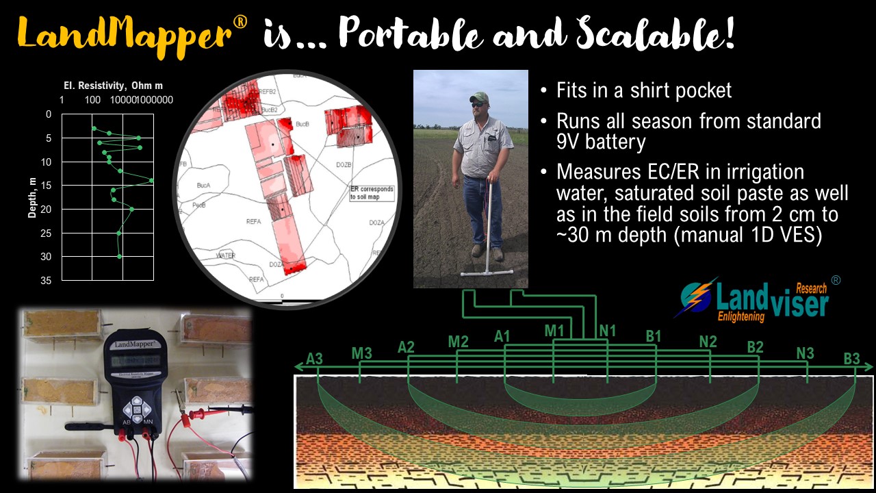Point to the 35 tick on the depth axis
[x=47, y=280]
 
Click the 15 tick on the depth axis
[x=47, y=185]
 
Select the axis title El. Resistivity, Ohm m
[x=109, y=86]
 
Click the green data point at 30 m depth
[x=120, y=256]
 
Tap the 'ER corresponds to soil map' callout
[x=372, y=192]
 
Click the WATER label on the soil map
[x=226, y=255]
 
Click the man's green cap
[x=480, y=97]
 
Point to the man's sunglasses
[x=480, y=104]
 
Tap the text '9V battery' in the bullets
[x=601, y=143]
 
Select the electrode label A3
[x=314, y=358]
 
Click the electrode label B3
[x=851, y=358]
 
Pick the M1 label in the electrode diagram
[x=554, y=331]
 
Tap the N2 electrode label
[x=708, y=340]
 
